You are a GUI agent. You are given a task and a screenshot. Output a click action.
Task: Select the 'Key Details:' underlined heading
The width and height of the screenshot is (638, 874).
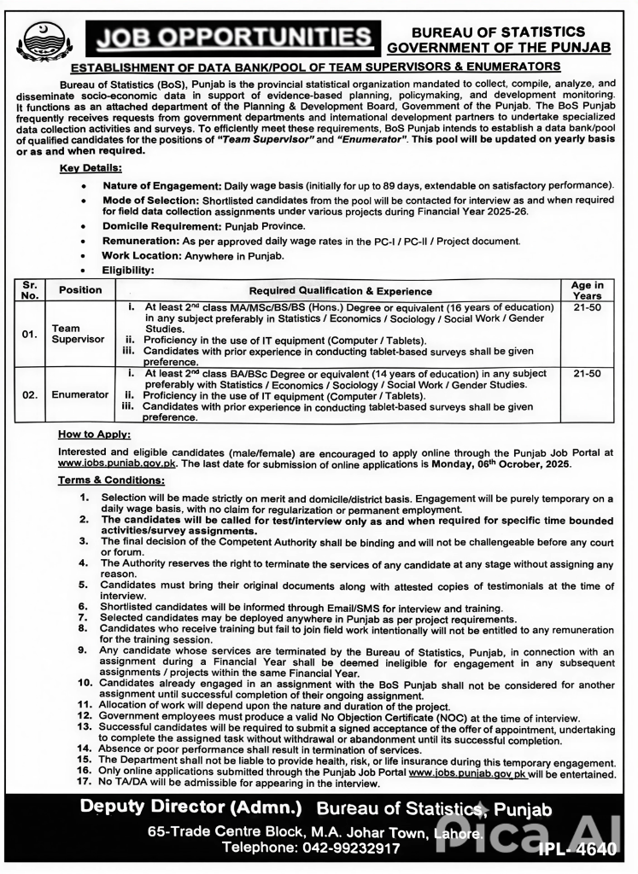point(91,169)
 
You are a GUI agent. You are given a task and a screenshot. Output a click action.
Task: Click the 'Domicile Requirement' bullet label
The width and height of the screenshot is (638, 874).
point(161,225)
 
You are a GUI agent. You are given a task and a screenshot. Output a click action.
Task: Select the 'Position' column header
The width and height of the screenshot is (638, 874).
point(80,290)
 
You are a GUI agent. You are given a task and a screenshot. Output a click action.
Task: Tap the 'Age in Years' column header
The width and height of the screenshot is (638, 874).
point(587,290)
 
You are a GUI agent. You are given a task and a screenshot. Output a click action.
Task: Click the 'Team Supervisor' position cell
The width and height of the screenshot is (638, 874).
point(78,333)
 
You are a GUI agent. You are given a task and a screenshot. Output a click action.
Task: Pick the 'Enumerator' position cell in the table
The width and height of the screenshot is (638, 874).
point(80,395)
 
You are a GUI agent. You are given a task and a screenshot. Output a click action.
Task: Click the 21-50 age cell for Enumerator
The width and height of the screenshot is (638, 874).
point(587,374)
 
